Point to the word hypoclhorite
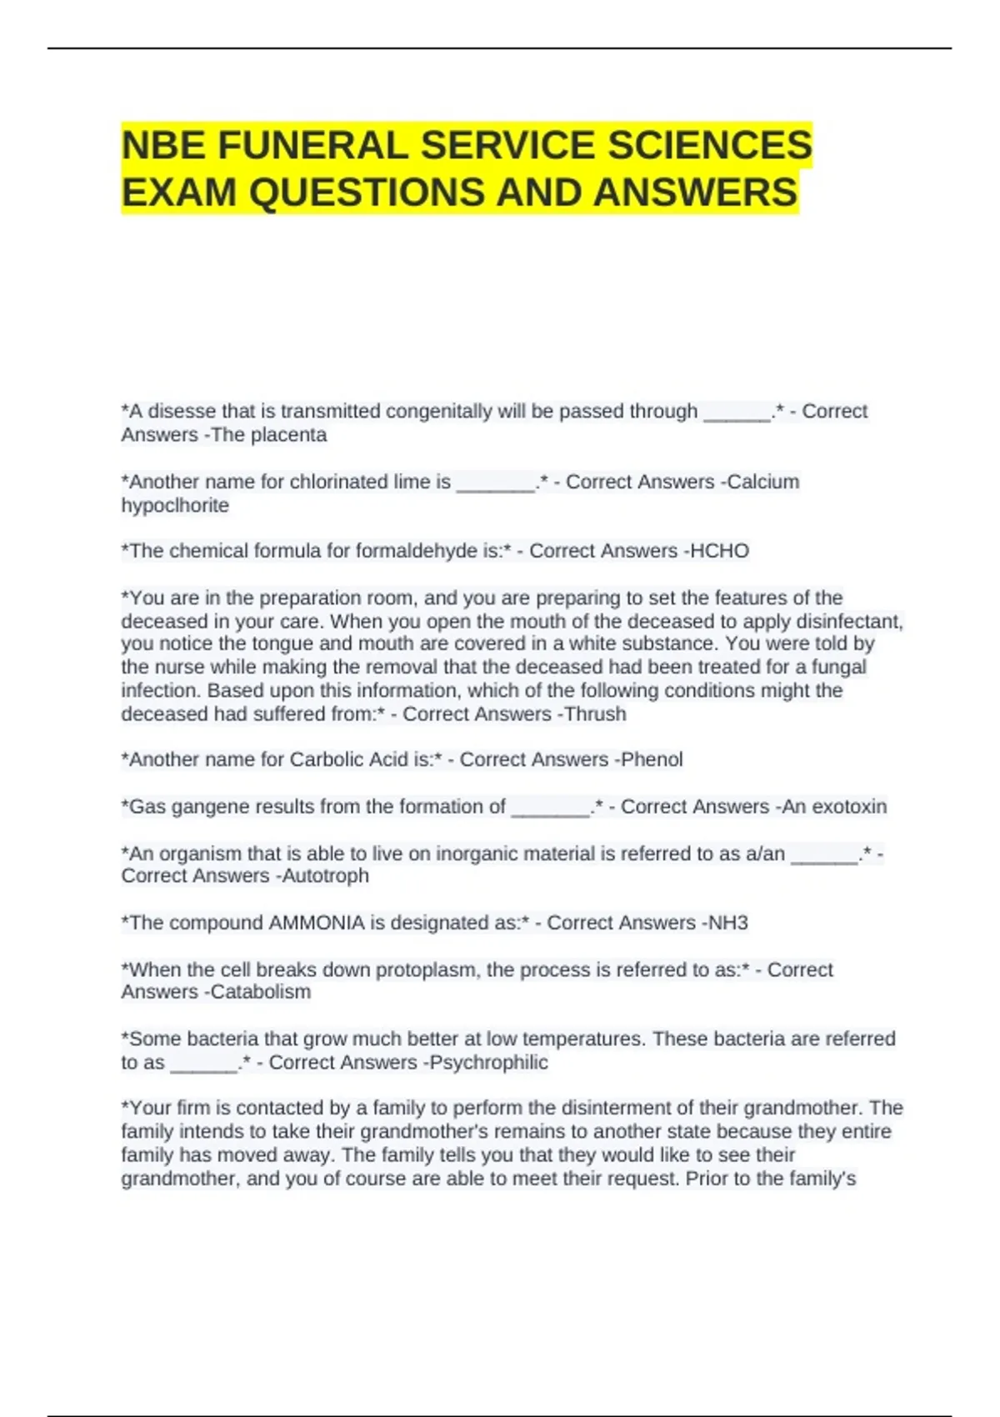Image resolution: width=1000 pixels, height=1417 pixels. [175, 505]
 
